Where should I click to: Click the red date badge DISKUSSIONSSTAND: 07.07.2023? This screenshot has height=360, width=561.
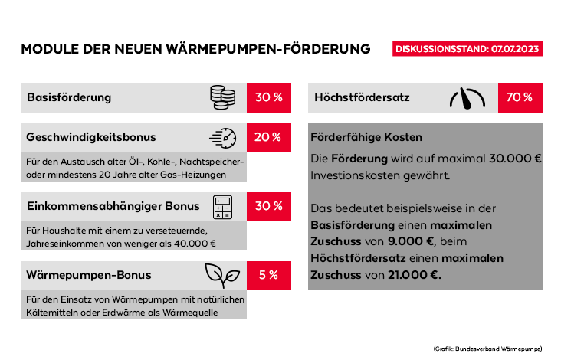[467, 49]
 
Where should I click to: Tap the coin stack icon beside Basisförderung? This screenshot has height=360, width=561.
[223, 97]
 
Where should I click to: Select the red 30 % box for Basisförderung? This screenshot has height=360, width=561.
[268, 97]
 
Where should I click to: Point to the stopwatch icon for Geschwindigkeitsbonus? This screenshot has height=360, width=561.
[223, 138]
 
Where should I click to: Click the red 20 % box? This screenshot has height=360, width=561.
[268, 138]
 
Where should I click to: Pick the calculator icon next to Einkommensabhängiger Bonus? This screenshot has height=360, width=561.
[223, 207]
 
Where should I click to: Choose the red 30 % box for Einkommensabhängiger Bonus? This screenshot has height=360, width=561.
[268, 207]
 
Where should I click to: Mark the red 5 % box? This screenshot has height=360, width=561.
[268, 276]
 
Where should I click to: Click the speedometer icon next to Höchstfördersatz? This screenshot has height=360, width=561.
[467, 98]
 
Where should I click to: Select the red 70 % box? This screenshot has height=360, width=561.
[520, 98]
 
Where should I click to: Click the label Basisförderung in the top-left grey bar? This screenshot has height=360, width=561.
[69, 97]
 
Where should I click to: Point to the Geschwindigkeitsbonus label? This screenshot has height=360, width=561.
[91, 138]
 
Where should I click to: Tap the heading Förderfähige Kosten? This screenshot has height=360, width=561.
[366, 138]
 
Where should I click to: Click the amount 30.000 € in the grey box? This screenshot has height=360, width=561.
[514, 159]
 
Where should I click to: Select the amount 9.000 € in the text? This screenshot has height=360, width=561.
[411, 241]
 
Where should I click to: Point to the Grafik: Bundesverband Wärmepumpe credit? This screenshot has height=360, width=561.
[487, 349]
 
